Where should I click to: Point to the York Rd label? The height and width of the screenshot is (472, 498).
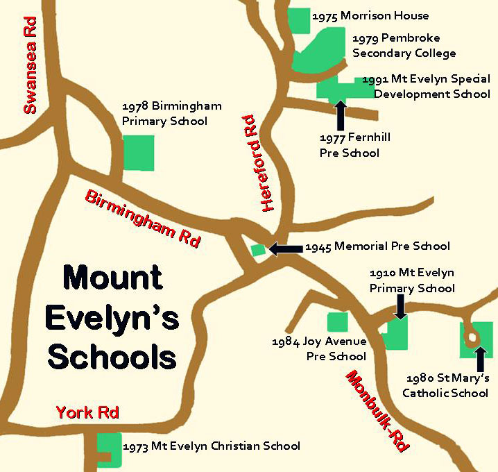(87, 412)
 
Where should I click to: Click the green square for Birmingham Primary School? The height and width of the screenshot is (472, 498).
(139, 153)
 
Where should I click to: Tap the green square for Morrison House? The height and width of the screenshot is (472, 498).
(299, 19)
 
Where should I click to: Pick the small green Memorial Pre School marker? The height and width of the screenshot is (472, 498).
(258, 249)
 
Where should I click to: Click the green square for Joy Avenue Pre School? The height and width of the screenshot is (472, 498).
(337, 322)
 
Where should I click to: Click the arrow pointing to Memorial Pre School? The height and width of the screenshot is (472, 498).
(285, 248)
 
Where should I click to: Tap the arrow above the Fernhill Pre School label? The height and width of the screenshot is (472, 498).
(340, 115)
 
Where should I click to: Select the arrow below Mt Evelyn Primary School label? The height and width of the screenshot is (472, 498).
(400, 306)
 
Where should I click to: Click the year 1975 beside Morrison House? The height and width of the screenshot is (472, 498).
(325, 16)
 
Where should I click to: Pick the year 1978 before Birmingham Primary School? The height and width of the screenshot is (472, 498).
(135, 106)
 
